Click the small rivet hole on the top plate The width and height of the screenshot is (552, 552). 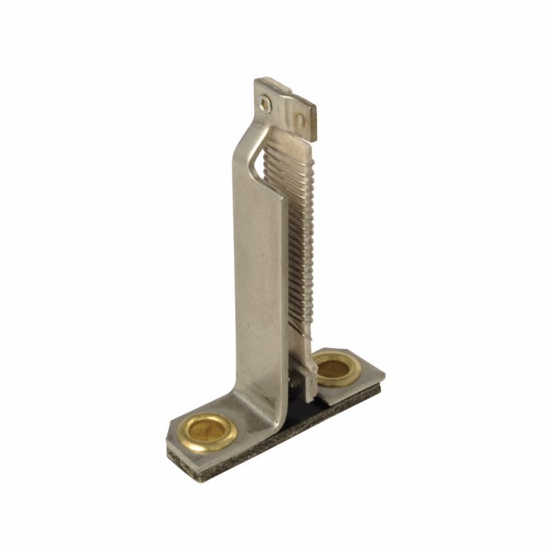pyautogui.click(x=266, y=102)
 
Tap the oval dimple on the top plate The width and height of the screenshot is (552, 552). pyautogui.click(x=299, y=120)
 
